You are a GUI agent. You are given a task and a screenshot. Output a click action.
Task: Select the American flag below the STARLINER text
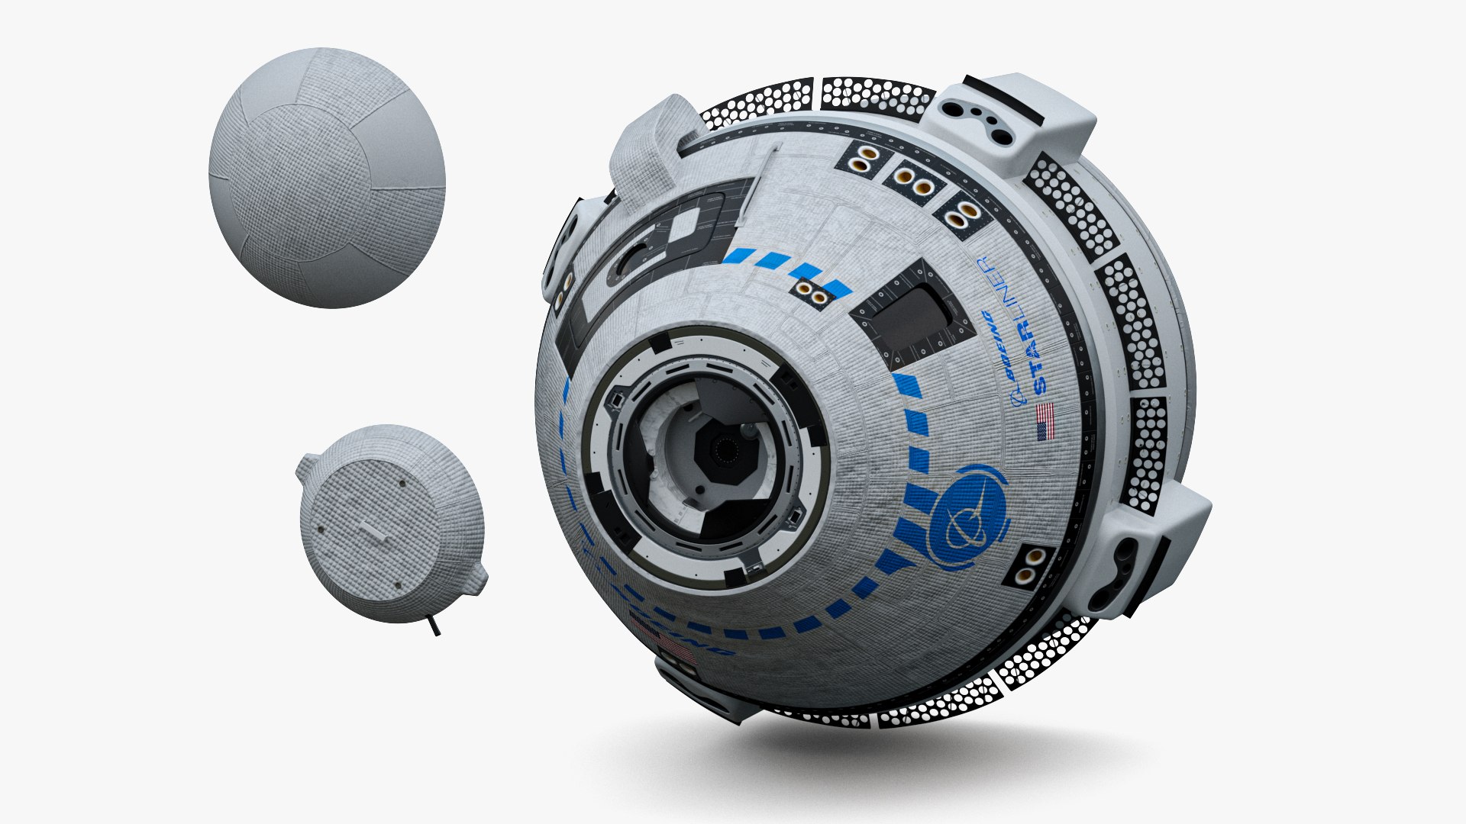pyautogui.click(x=1045, y=421)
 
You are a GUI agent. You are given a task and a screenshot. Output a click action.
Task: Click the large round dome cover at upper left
pyautogui.click(x=326, y=177)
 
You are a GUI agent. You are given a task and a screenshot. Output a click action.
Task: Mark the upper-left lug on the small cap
pyautogui.click(x=308, y=465)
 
